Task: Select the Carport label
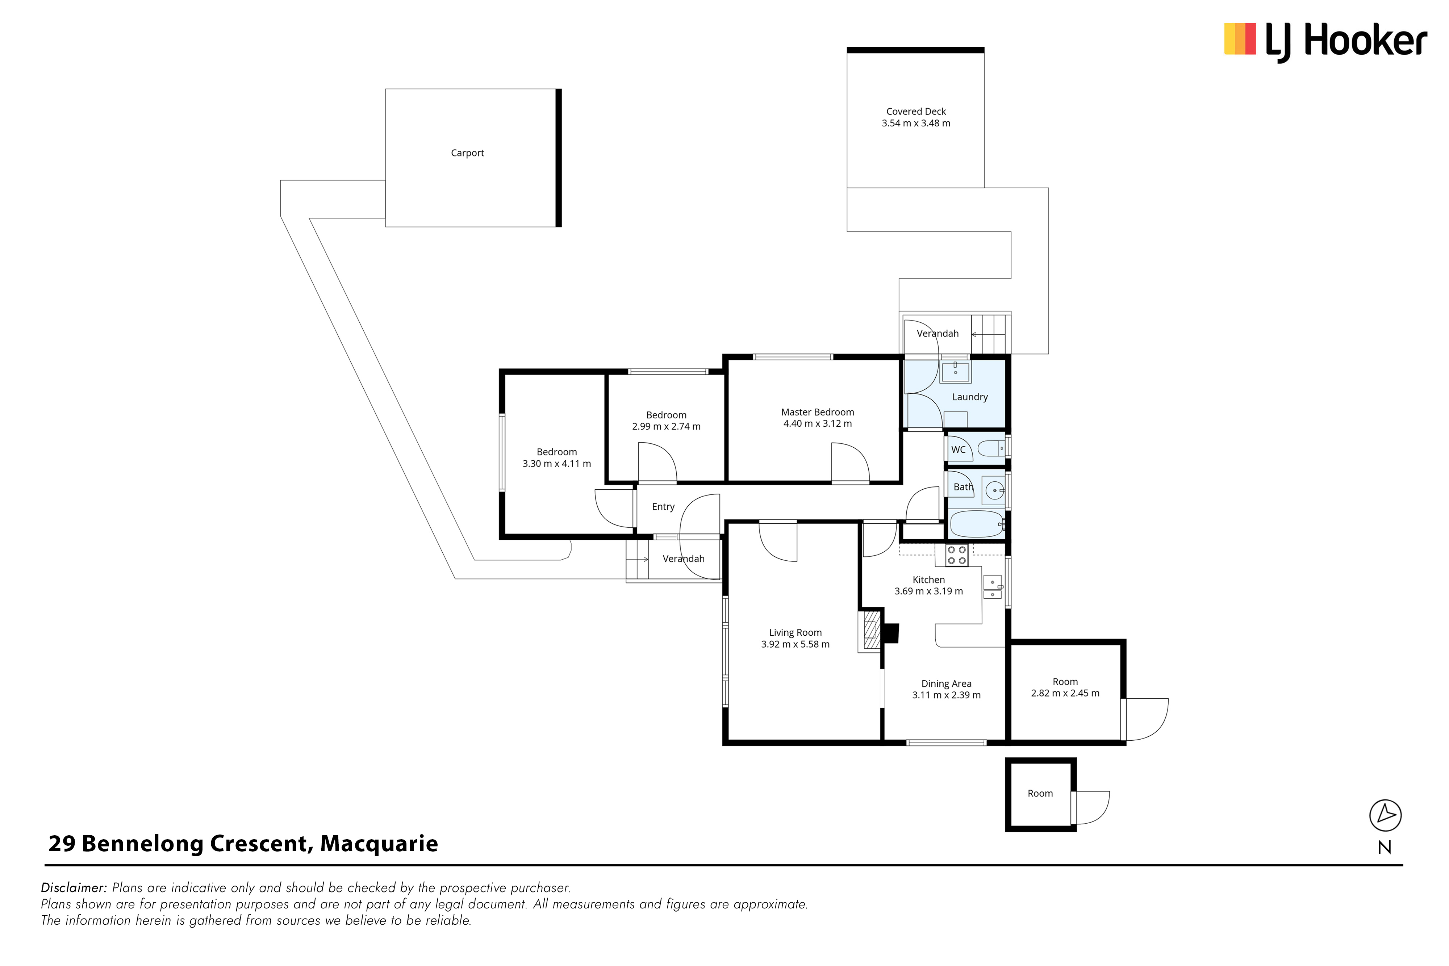pos(467,153)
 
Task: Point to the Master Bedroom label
pos(818,412)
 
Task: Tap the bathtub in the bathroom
pos(977,524)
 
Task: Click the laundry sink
pos(956,372)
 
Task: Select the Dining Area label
pos(946,684)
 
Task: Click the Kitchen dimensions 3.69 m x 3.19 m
pos(928,591)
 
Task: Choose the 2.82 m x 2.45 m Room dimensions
pos(1065,693)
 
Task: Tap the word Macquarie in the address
pos(379,844)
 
